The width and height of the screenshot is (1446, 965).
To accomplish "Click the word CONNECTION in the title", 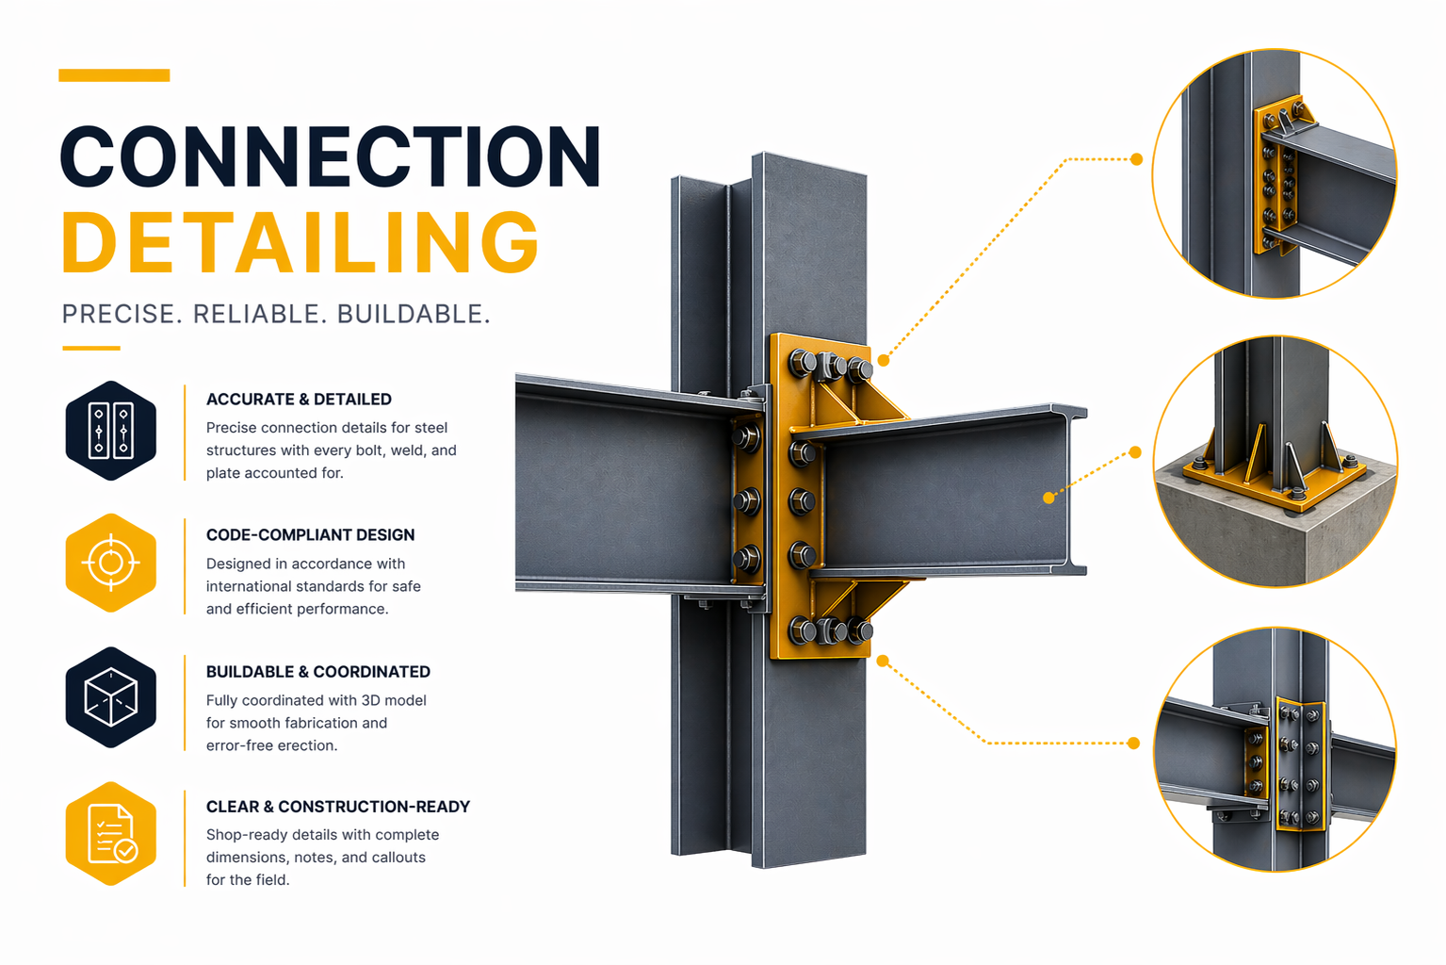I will click(x=330, y=156).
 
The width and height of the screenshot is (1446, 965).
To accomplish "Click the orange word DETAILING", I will click(x=301, y=242).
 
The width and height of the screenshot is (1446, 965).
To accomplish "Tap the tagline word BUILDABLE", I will click(x=413, y=314).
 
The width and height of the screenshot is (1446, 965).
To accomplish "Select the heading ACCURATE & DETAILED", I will click(x=299, y=400).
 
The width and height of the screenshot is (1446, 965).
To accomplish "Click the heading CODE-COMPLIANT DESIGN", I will click(x=310, y=535).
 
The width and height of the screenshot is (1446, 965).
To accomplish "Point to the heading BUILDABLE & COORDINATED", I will click(x=317, y=672).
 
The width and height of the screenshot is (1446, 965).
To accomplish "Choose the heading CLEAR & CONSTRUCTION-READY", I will click(x=337, y=807).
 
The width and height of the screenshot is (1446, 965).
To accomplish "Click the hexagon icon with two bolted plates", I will click(x=111, y=431).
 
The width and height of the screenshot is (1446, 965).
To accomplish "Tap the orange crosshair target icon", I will click(x=111, y=564).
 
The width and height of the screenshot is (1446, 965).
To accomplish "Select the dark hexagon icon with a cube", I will click(x=111, y=698).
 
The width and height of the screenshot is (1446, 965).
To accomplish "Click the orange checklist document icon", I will click(x=111, y=834).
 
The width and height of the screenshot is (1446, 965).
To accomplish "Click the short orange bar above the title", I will click(x=114, y=75).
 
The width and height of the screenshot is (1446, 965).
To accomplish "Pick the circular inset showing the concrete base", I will click(x=1275, y=462).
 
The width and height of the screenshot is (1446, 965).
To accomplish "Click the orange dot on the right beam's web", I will click(x=1048, y=498).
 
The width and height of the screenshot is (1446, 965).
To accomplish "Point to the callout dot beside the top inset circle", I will click(x=1136, y=159).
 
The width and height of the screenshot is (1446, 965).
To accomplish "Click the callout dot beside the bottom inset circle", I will click(x=1133, y=744).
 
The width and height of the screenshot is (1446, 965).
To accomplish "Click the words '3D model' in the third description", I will click(x=394, y=700).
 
